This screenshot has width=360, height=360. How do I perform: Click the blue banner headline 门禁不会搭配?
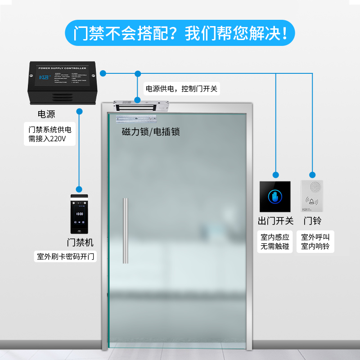pyautogui.click(x=180, y=33)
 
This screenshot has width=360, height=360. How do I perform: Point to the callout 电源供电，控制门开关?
pyautogui.click(x=180, y=89)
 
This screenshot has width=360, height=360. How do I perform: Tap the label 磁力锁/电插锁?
pyautogui.click(x=151, y=132)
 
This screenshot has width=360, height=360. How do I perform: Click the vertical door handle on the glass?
pyautogui.click(x=126, y=231)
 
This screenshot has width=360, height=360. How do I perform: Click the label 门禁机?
pyautogui.click(x=80, y=243)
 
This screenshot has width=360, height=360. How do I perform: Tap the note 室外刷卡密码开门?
pyautogui.click(x=66, y=257)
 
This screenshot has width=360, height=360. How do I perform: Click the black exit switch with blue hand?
pyautogui.click(x=275, y=197)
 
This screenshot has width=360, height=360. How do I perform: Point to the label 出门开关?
pyautogui.click(x=275, y=221)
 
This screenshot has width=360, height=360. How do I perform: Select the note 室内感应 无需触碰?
pyautogui.click(x=275, y=242)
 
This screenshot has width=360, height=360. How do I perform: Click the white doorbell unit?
pyautogui.click(x=312, y=196)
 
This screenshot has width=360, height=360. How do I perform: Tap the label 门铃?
pyautogui.click(x=312, y=221)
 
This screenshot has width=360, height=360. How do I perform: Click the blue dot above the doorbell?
pyautogui.click(x=312, y=174)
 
